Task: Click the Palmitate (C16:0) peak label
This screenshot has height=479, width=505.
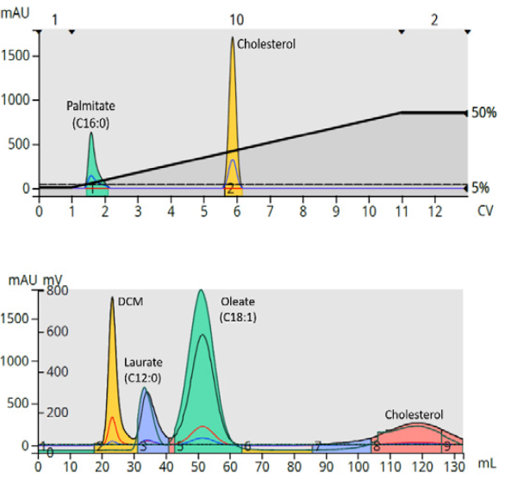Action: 90,114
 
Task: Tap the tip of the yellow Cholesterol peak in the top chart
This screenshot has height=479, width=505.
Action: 232,39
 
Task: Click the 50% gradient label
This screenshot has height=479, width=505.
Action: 483,113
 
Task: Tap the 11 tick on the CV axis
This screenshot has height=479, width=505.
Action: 402,210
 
